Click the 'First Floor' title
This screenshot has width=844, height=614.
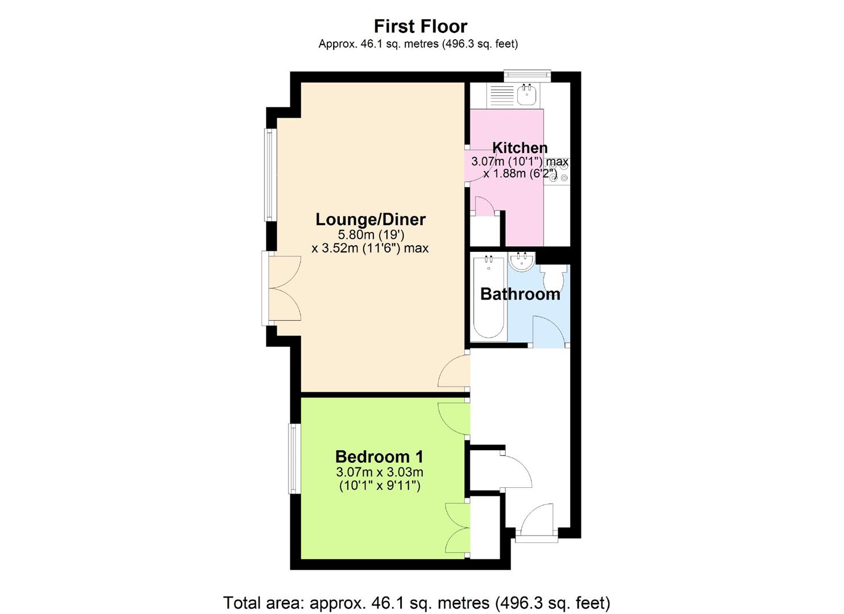click(421, 26)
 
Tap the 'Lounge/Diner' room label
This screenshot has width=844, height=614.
click(371, 219)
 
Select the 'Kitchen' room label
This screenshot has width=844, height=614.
click(519, 148)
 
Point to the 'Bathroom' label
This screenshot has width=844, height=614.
click(520, 294)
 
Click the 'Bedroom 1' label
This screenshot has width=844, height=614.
click(379, 457)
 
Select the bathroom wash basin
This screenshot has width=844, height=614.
click(521, 262)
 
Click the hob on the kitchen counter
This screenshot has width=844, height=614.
click(560, 174)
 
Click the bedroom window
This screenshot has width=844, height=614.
click(293, 459)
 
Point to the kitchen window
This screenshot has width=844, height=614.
click(527, 74)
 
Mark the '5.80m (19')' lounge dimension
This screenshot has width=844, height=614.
click(371, 234)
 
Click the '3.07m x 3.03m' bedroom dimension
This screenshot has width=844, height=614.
click(379, 472)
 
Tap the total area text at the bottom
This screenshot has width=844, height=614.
click(416, 602)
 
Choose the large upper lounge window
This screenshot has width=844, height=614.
click(269, 175)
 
